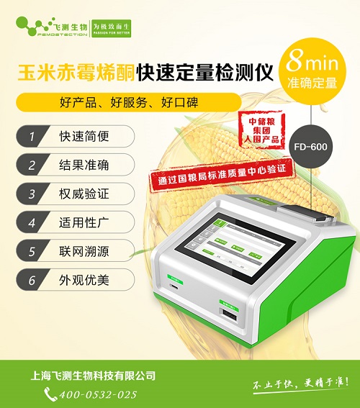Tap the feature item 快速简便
(x=71, y=135)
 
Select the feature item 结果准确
(x=71, y=164)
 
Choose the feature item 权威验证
(x=71, y=193)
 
